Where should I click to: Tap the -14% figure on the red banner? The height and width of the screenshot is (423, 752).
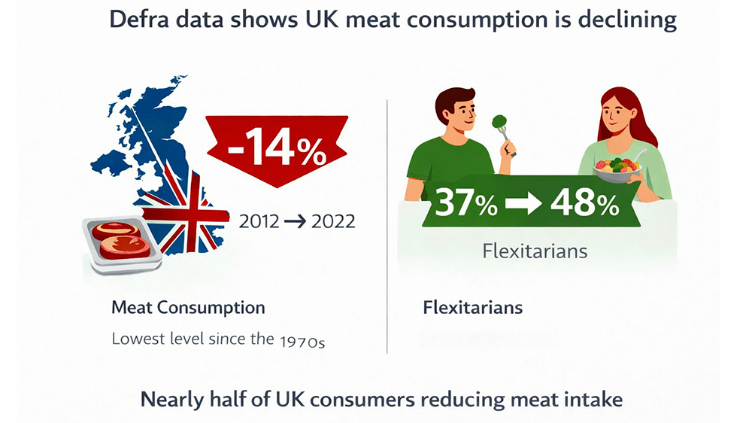276,147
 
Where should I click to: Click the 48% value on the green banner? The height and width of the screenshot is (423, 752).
586,202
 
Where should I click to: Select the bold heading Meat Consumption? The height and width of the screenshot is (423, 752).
188,308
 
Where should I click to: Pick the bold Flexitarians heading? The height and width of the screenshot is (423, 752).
473,308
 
